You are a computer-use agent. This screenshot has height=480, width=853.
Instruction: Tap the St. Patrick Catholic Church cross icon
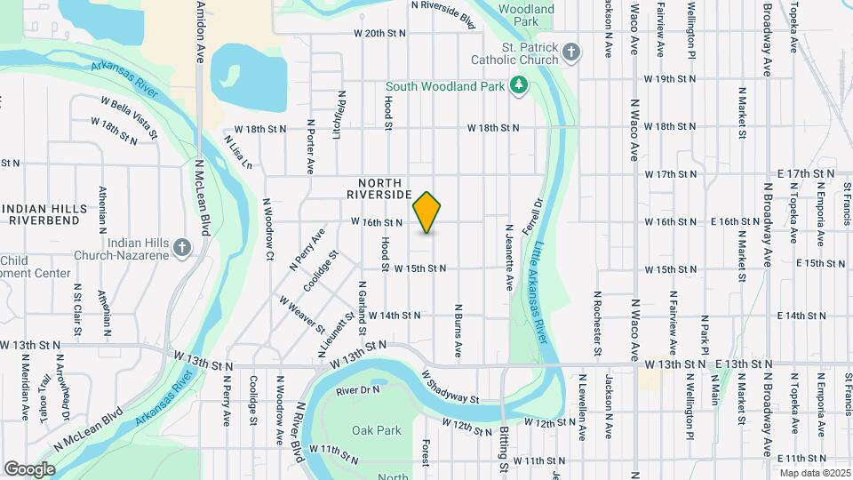click(x=572, y=52)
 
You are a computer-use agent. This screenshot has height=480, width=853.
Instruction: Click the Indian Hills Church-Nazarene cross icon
click(x=182, y=247)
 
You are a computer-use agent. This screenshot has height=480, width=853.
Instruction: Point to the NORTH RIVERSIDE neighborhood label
click(x=379, y=187)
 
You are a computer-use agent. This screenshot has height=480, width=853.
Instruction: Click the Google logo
click(x=29, y=468)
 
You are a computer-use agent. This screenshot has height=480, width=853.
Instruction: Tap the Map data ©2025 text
click(x=814, y=473)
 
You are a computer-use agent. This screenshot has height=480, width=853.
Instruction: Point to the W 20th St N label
click(x=379, y=33)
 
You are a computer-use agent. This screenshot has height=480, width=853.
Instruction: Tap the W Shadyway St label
click(x=450, y=387)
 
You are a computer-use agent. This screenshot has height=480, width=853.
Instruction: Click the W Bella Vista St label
click(x=129, y=116)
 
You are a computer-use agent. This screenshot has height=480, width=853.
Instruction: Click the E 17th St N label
click(x=809, y=173)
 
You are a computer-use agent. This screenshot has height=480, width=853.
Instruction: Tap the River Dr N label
click(x=358, y=390)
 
